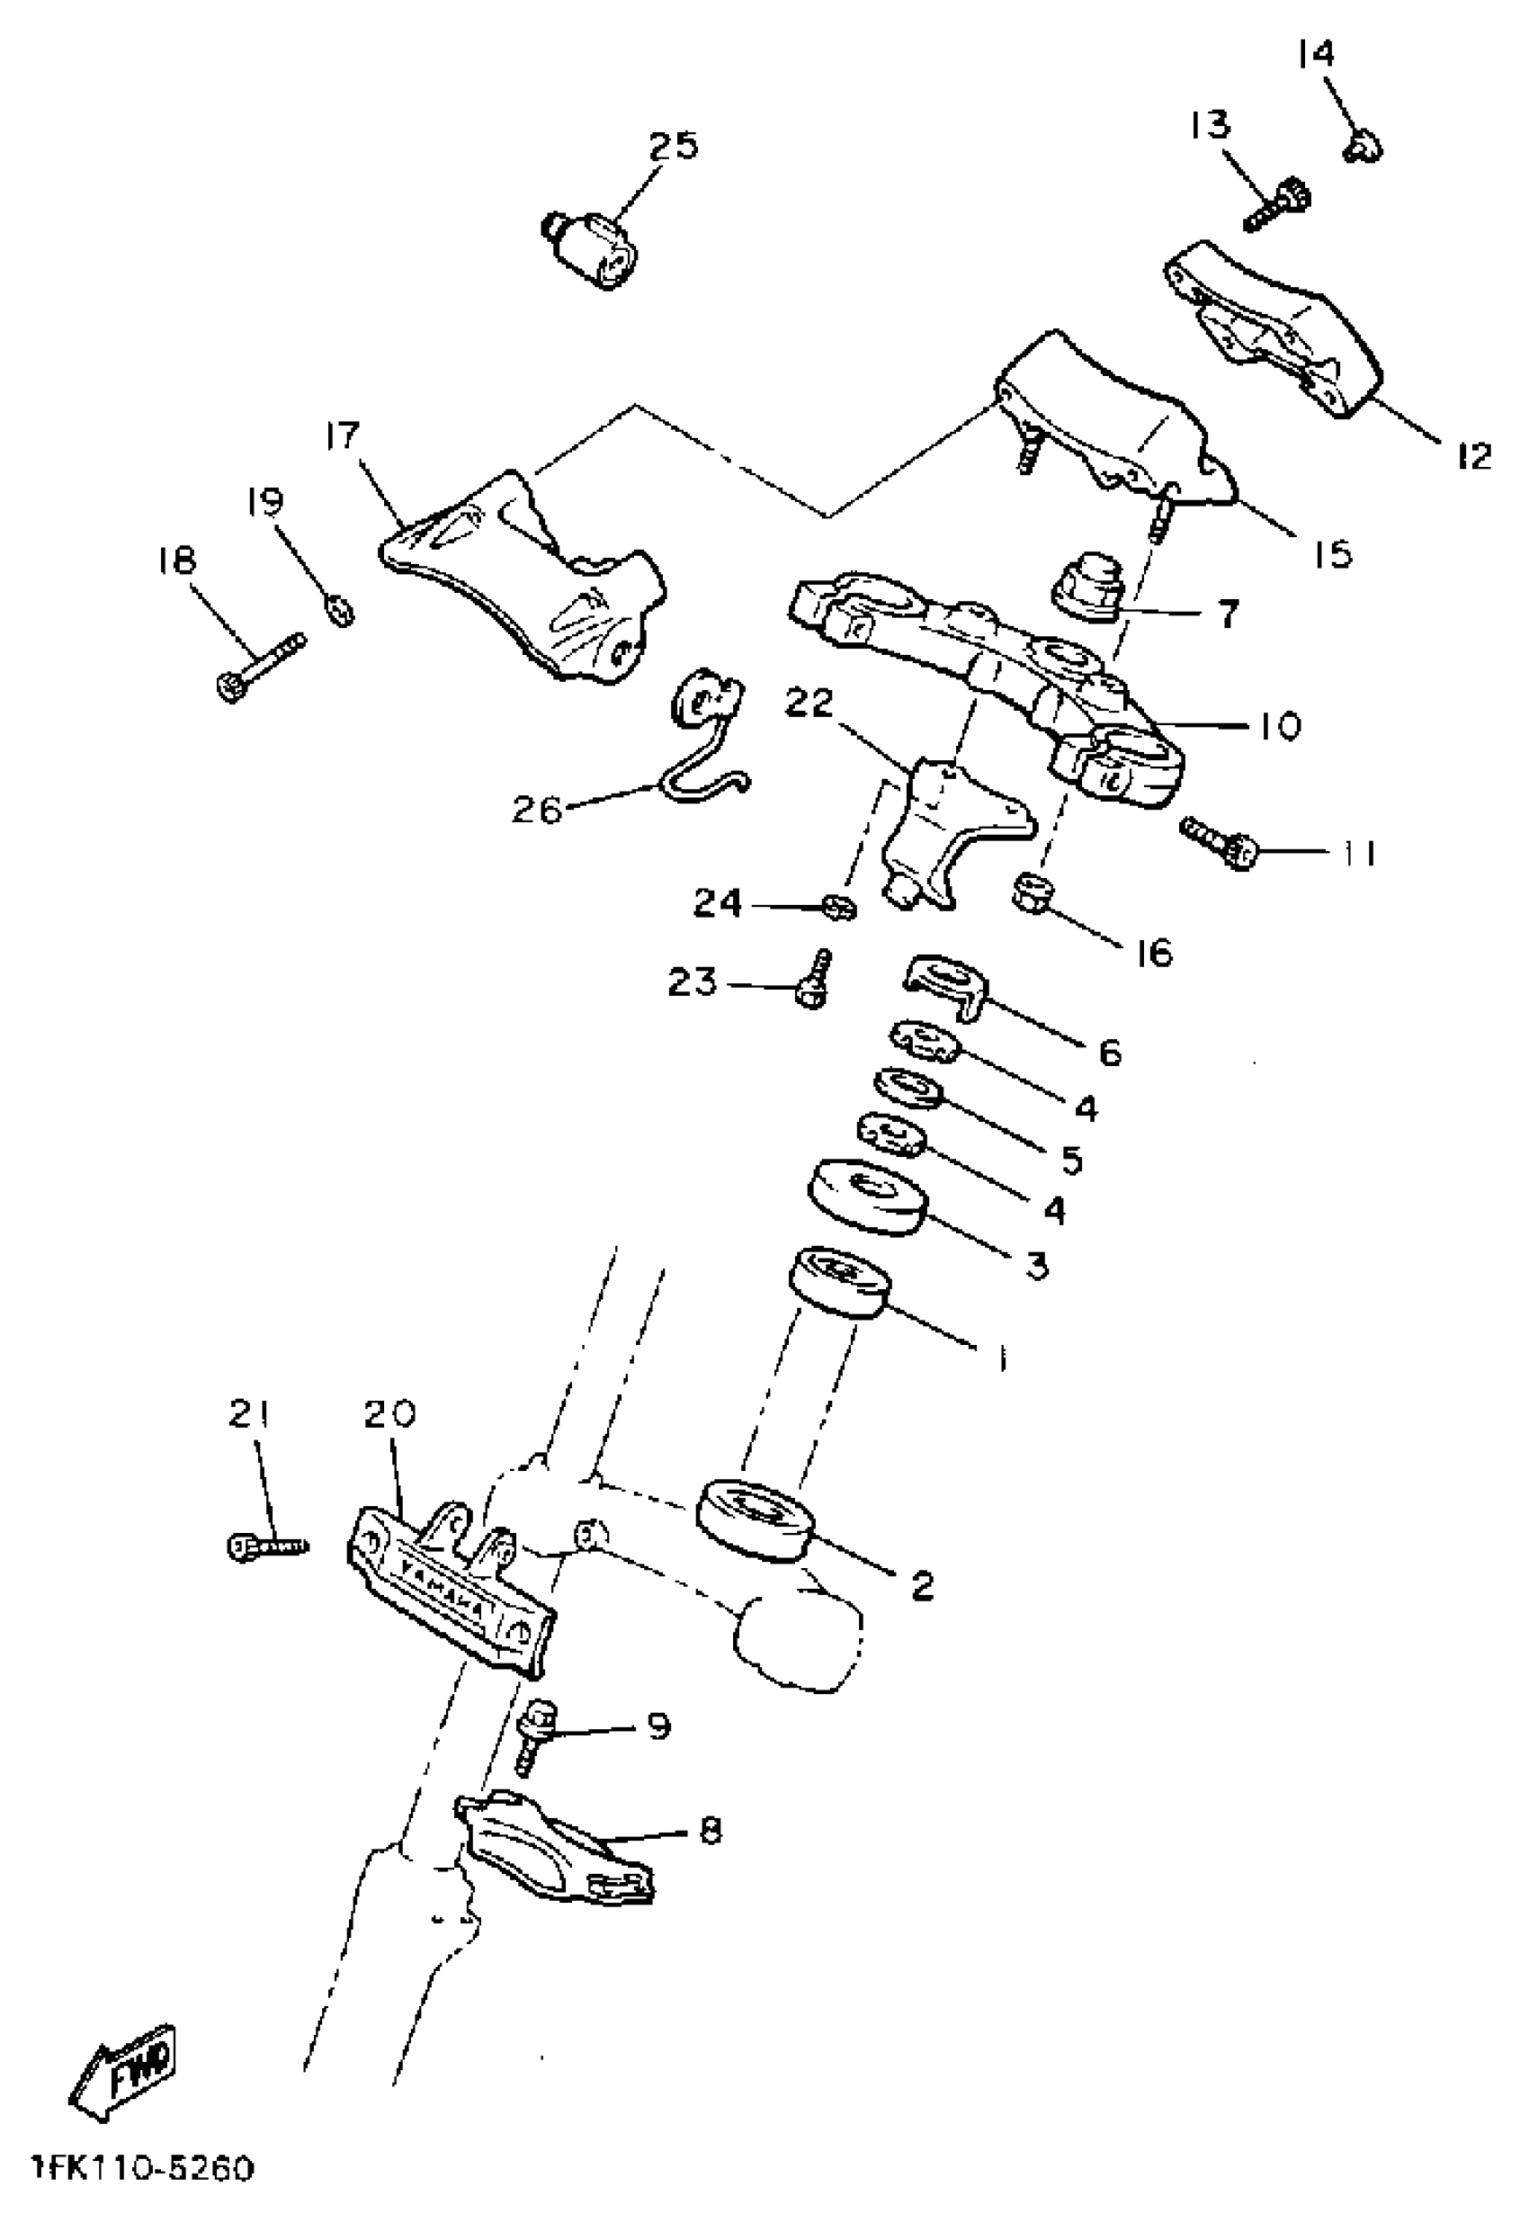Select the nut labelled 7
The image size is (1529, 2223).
coord(1088,585)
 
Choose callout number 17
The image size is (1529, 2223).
coord(341,435)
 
